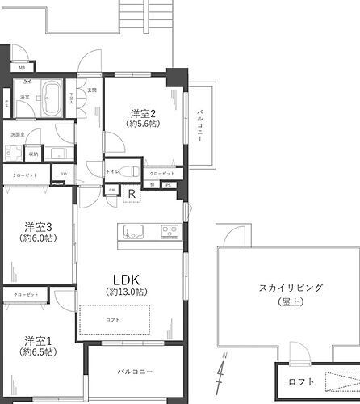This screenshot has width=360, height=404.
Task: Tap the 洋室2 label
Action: pos(144,112)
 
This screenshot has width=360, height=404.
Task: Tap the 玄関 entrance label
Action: pos(92,90)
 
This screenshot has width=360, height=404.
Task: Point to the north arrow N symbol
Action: pos(223,373)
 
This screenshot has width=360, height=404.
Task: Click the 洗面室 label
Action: pos(18,133)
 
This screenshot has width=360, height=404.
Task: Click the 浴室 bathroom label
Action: pos(24,96)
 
